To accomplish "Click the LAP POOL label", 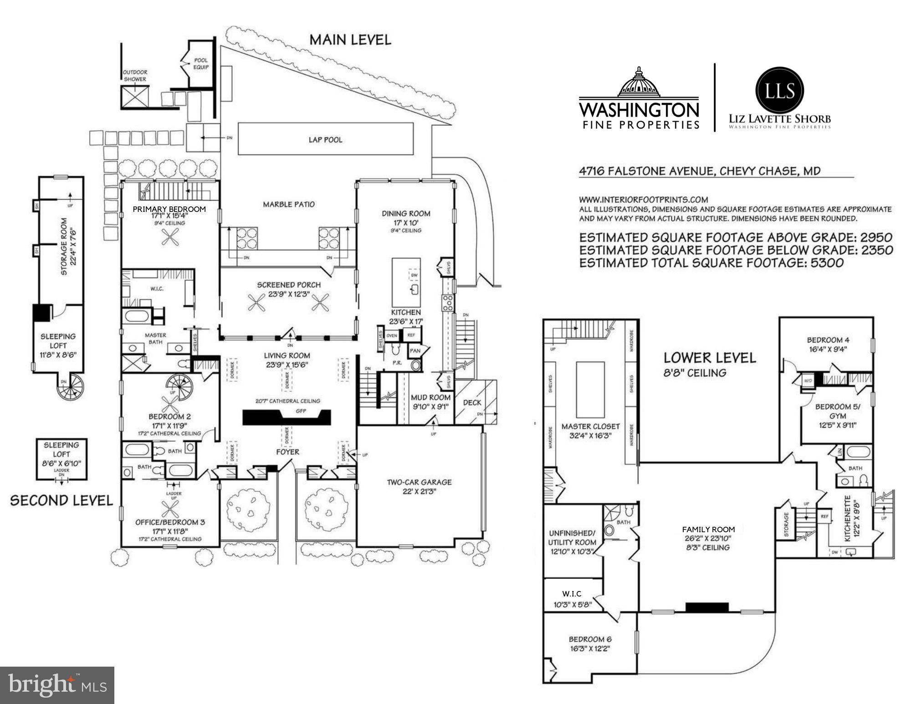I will click(x=325, y=140).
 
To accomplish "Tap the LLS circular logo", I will click(x=779, y=91).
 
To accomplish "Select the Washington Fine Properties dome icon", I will click(x=638, y=83).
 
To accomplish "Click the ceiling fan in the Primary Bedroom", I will click(x=170, y=236).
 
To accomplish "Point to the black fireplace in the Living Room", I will click(x=286, y=417).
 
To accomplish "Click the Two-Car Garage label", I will click(x=419, y=482).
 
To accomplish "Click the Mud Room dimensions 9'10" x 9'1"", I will click(x=430, y=407).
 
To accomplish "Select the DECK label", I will click(x=472, y=402).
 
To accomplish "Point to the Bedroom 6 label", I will click(x=590, y=639).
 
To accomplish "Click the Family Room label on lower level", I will click(x=708, y=529).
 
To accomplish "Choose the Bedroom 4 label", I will click(x=828, y=340).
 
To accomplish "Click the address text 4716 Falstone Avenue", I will click(x=700, y=171).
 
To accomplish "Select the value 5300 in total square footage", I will click(x=827, y=263).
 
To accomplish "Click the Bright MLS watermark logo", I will click(x=57, y=685).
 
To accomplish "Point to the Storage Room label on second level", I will click(x=64, y=246).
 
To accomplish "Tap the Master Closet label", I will click(x=590, y=427).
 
